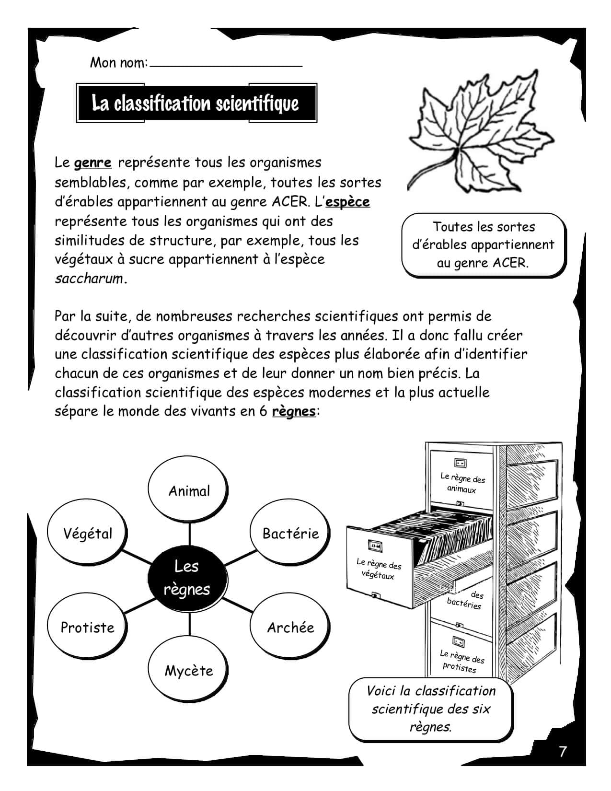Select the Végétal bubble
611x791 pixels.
point(88,534)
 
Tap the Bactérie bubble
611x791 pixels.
point(290,534)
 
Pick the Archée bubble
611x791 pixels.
point(290,628)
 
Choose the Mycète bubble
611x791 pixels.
point(189,670)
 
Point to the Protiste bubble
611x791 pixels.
point(88,628)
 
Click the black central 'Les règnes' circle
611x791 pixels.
point(186,578)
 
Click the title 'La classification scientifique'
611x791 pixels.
point(196,104)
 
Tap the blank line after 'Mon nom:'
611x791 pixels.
point(226,63)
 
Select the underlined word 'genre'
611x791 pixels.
point(93,163)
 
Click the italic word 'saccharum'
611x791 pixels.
point(89,279)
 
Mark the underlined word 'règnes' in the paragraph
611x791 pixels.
point(294,411)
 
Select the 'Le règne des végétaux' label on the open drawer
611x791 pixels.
point(379,569)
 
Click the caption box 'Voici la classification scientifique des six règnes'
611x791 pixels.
point(431,709)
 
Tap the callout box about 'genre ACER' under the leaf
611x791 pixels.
point(483,245)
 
